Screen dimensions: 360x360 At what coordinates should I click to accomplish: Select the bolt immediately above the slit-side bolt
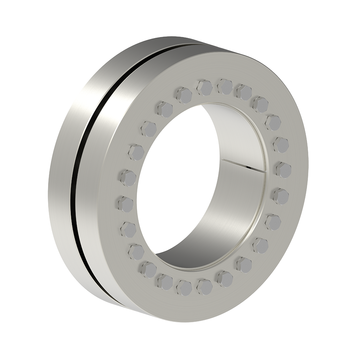tap(281, 145)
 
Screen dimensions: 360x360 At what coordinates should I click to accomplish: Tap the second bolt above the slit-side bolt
tap(273, 123)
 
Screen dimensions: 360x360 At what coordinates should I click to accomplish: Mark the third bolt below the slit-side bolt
tap(260, 245)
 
